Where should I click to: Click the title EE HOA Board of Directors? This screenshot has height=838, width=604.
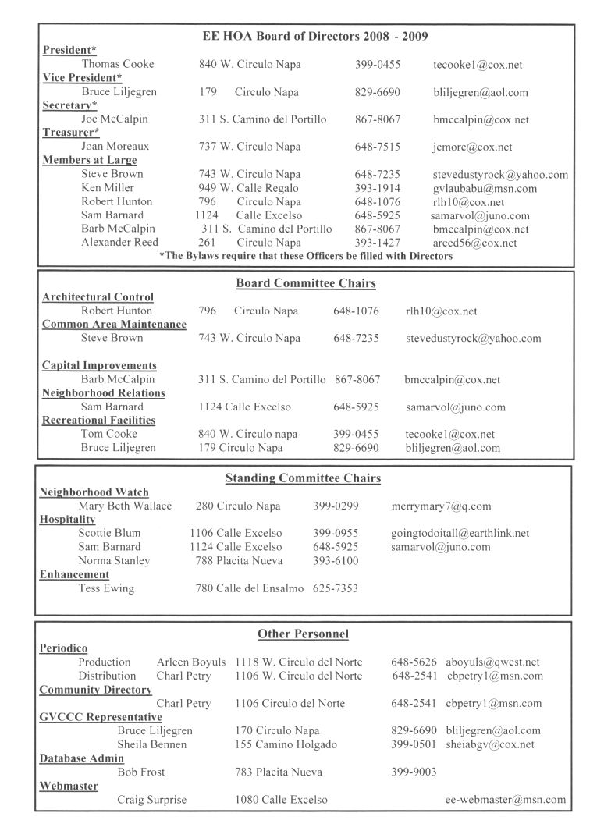(314, 36)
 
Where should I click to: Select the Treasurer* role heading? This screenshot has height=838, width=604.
(69, 133)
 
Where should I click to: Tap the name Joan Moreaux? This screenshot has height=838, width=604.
(115, 147)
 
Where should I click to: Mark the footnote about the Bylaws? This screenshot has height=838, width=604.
(305, 256)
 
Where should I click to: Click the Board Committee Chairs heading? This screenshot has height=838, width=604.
(305, 283)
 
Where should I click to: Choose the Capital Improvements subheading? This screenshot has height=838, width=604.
(99, 365)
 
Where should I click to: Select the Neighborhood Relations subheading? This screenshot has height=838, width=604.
(103, 392)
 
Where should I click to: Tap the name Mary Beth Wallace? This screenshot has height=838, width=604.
(125, 506)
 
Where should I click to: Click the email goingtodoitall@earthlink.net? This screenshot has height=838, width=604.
(460, 533)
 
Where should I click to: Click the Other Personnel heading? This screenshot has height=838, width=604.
(303, 634)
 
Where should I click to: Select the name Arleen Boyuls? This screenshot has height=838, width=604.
(190, 662)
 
